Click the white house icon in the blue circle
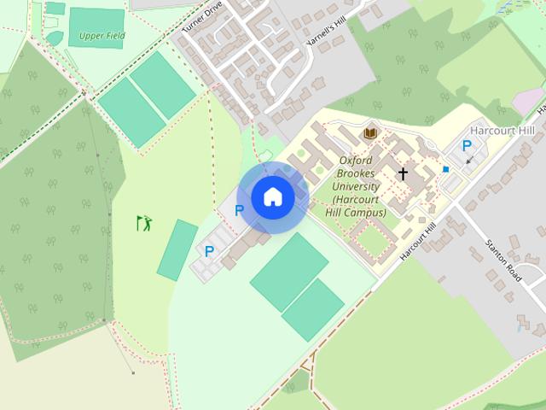click(273, 197)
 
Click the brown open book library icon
click(370, 133)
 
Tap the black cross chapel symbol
click(403, 173)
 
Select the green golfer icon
click(144, 224)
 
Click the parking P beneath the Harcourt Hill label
click(467, 146)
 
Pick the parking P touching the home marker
click(240, 209)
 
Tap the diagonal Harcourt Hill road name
click(418, 242)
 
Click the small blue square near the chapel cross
click(445, 169)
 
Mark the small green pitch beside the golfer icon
click(177, 249)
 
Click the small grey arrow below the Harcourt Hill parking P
click(468, 160)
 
